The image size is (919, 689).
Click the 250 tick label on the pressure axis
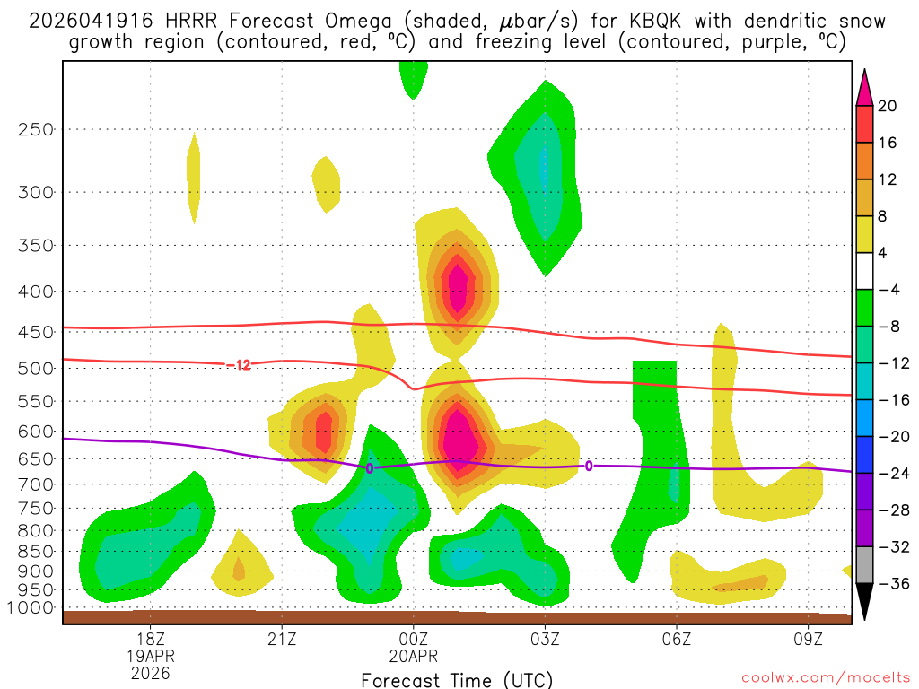pyautogui.click(x=37, y=129)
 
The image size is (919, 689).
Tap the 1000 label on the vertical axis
pyautogui.click(x=32, y=608)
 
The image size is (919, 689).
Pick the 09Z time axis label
pyautogui.click(x=808, y=641)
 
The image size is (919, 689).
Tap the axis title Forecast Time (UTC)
pyautogui.click(x=457, y=679)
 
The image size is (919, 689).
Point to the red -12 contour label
pyautogui.click(x=239, y=364)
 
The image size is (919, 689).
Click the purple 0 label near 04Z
pyautogui.click(x=589, y=466)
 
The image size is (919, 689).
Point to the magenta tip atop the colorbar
pyautogui.click(x=864, y=85)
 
